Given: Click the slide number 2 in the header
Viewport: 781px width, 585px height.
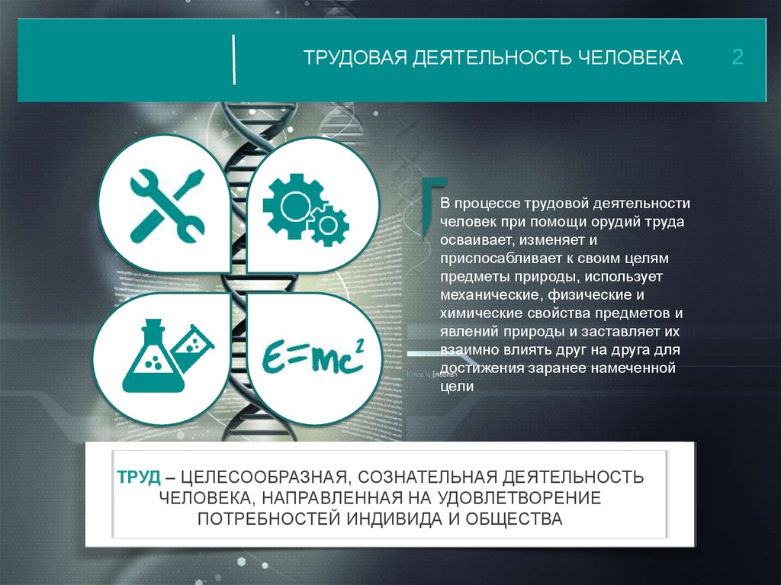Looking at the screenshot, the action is click(738, 56).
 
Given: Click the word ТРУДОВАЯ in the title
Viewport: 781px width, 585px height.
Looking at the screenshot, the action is click(355, 58).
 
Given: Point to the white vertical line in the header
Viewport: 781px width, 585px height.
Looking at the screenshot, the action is click(233, 59).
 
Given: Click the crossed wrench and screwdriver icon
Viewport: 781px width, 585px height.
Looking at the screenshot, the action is click(167, 206).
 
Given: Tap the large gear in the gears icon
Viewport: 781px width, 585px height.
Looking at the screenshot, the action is click(294, 206).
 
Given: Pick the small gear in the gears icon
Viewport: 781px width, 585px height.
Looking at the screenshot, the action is click(328, 226).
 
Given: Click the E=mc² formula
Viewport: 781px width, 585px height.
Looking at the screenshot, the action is click(313, 356).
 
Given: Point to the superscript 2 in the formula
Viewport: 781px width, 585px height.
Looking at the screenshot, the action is click(360, 346).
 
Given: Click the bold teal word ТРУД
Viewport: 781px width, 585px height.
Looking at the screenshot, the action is click(139, 477).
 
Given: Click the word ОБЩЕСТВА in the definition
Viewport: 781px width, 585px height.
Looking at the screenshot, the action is click(514, 519).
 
